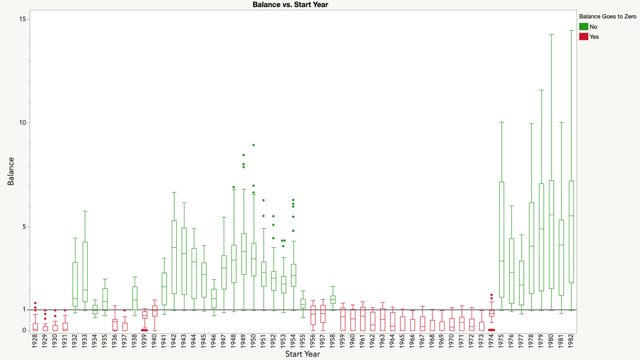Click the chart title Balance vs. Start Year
[x=291, y=4]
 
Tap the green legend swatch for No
[x=584, y=26]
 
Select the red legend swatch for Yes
[x=584, y=37]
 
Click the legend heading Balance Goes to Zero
[x=607, y=16]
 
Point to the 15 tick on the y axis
[x=22, y=19]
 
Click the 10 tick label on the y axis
[x=22, y=123]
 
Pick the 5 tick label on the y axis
[x=24, y=227]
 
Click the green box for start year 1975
[x=502, y=243]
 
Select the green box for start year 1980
[x=552, y=234]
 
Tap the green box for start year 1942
[x=174, y=256]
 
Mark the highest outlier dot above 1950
[x=254, y=145]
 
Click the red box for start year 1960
[x=353, y=320]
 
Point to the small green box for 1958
[x=333, y=299]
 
